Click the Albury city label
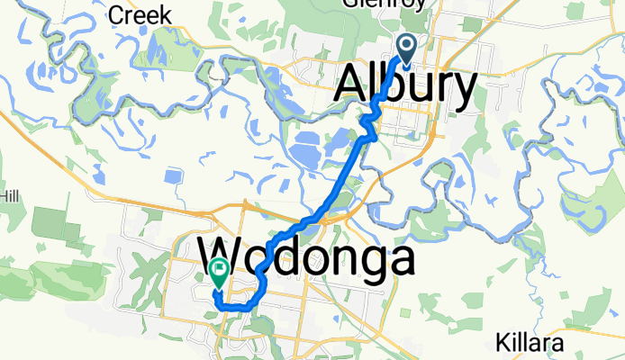[406, 88]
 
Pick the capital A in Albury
[353, 88]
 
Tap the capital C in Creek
[114, 14]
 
